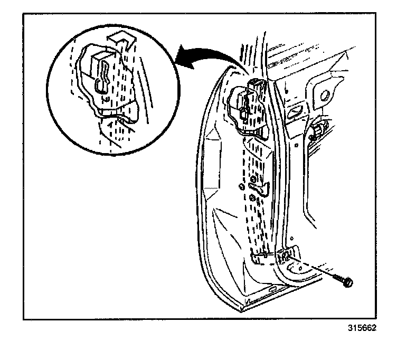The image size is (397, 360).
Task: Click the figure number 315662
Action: point(362,328)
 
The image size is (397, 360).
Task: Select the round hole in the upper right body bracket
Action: point(325,95)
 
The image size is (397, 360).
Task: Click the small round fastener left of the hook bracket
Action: point(241,186)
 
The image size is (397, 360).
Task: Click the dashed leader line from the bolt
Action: point(311,267)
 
